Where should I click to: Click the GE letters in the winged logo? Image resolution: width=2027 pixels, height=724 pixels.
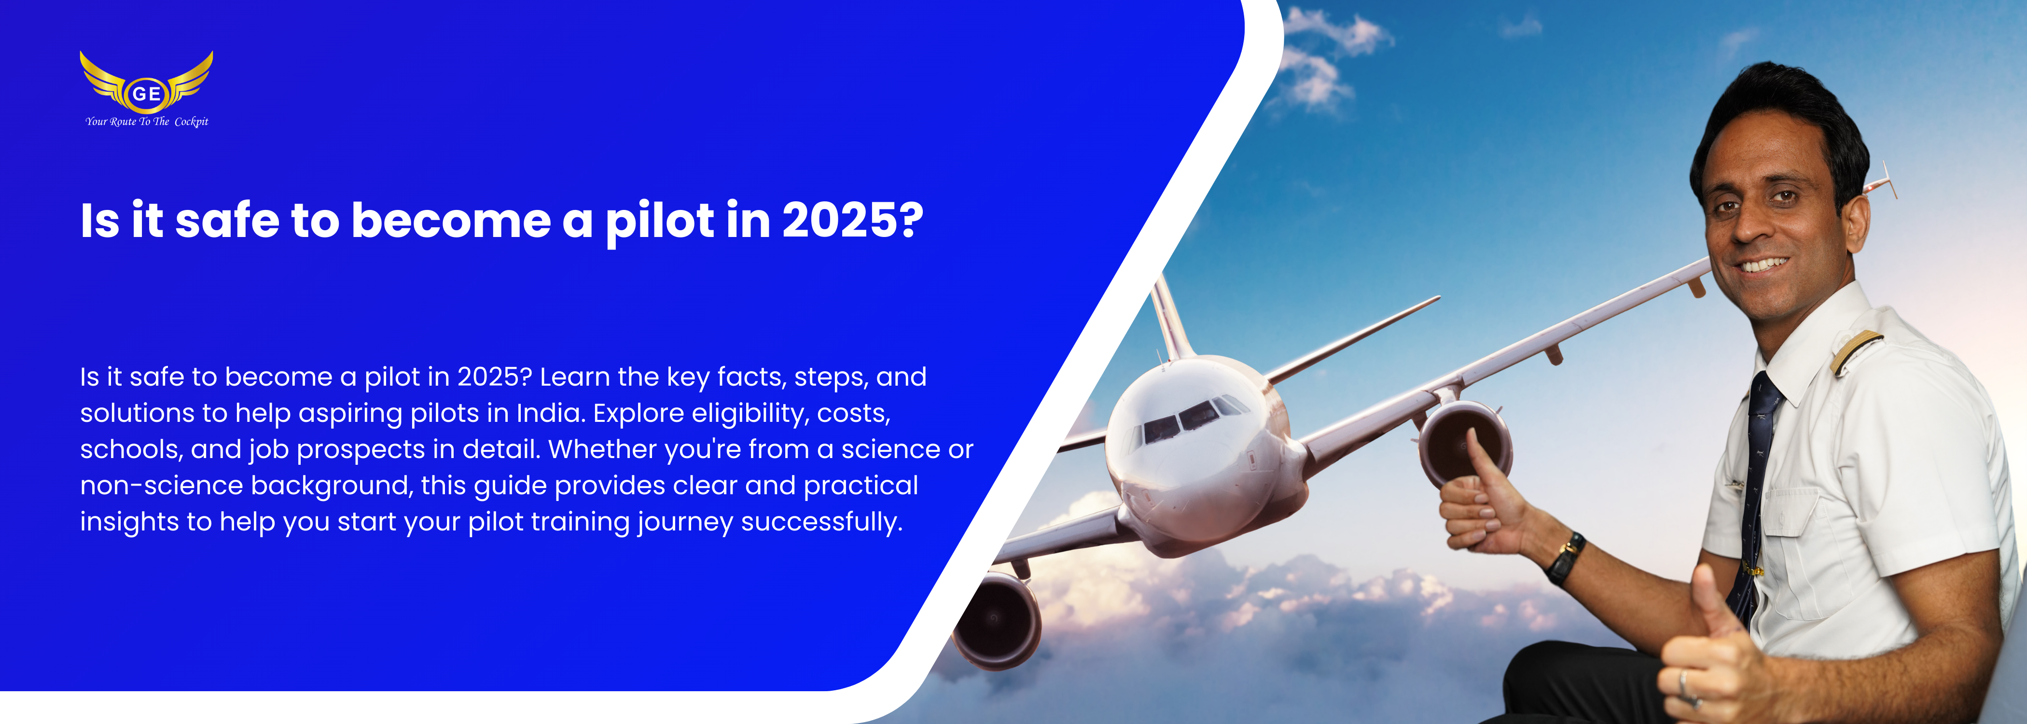146,94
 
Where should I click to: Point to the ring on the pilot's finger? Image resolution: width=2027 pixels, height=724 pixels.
1681,682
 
